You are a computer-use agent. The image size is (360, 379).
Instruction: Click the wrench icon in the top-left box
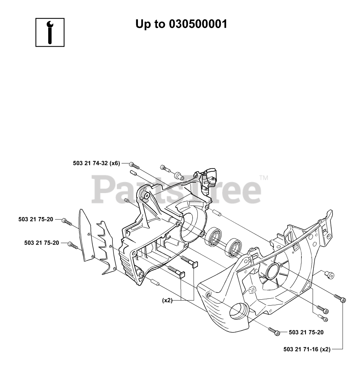point(50,32)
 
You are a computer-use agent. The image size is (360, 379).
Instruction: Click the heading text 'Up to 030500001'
point(181,24)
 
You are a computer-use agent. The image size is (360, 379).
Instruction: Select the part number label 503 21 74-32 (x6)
point(97,163)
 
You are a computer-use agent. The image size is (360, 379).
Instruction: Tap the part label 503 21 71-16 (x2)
point(307,349)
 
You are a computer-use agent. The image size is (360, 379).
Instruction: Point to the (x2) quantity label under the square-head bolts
point(167,300)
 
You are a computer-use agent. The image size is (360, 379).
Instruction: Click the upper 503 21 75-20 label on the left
point(36,219)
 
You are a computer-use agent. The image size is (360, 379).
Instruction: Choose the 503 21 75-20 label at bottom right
point(306,332)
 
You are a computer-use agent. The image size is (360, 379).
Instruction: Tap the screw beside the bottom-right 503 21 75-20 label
point(274,331)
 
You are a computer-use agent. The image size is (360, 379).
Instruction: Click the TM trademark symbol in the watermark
point(263,178)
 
